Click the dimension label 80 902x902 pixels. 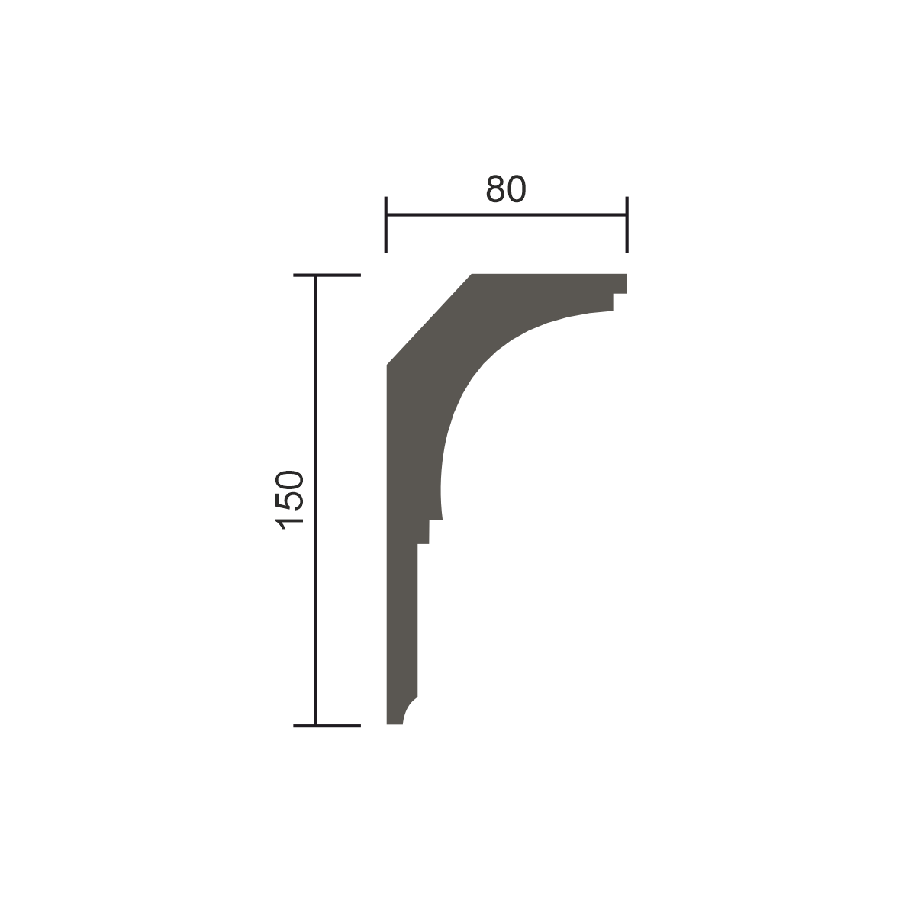(x=506, y=188)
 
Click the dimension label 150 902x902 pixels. (x=288, y=500)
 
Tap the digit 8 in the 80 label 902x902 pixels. (x=495, y=188)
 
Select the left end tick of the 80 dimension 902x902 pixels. (x=386, y=224)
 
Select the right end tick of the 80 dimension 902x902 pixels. (x=627, y=224)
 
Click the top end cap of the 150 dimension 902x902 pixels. (x=327, y=275)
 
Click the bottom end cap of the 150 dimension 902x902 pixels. (x=327, y=726)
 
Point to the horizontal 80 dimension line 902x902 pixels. (x=506, y=214)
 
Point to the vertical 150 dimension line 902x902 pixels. (x=315, y=501)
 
